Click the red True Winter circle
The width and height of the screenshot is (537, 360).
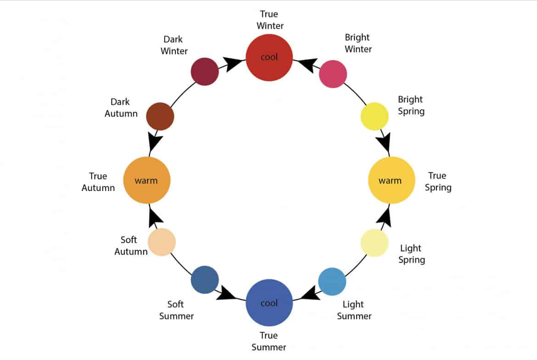pos(269,57)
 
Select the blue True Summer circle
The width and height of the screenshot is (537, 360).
pos(269,303)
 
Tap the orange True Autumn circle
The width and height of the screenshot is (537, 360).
pos(147,180)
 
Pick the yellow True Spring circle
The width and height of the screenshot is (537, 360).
pos(392,180)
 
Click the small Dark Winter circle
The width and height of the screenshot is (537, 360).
pos(204,71)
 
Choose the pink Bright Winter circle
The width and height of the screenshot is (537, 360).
pos(333,74)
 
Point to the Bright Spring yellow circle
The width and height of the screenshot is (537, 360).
pos(375,116)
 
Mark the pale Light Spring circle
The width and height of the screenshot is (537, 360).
pos(375,242)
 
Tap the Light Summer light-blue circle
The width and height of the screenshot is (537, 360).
pos(332,281)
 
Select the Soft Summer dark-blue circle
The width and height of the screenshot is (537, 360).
pos(205,280)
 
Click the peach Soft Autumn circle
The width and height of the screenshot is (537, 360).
pos(162,242)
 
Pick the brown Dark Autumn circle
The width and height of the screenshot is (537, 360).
pos(160,116)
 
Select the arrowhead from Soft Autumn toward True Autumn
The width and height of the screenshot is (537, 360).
pos(155,216)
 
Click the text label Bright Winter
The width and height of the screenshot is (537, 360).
pos(358,43)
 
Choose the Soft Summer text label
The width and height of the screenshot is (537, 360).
pos(176,310)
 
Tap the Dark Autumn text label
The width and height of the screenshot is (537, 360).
pos(121,107)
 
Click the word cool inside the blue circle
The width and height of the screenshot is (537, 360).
pos(269,303)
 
